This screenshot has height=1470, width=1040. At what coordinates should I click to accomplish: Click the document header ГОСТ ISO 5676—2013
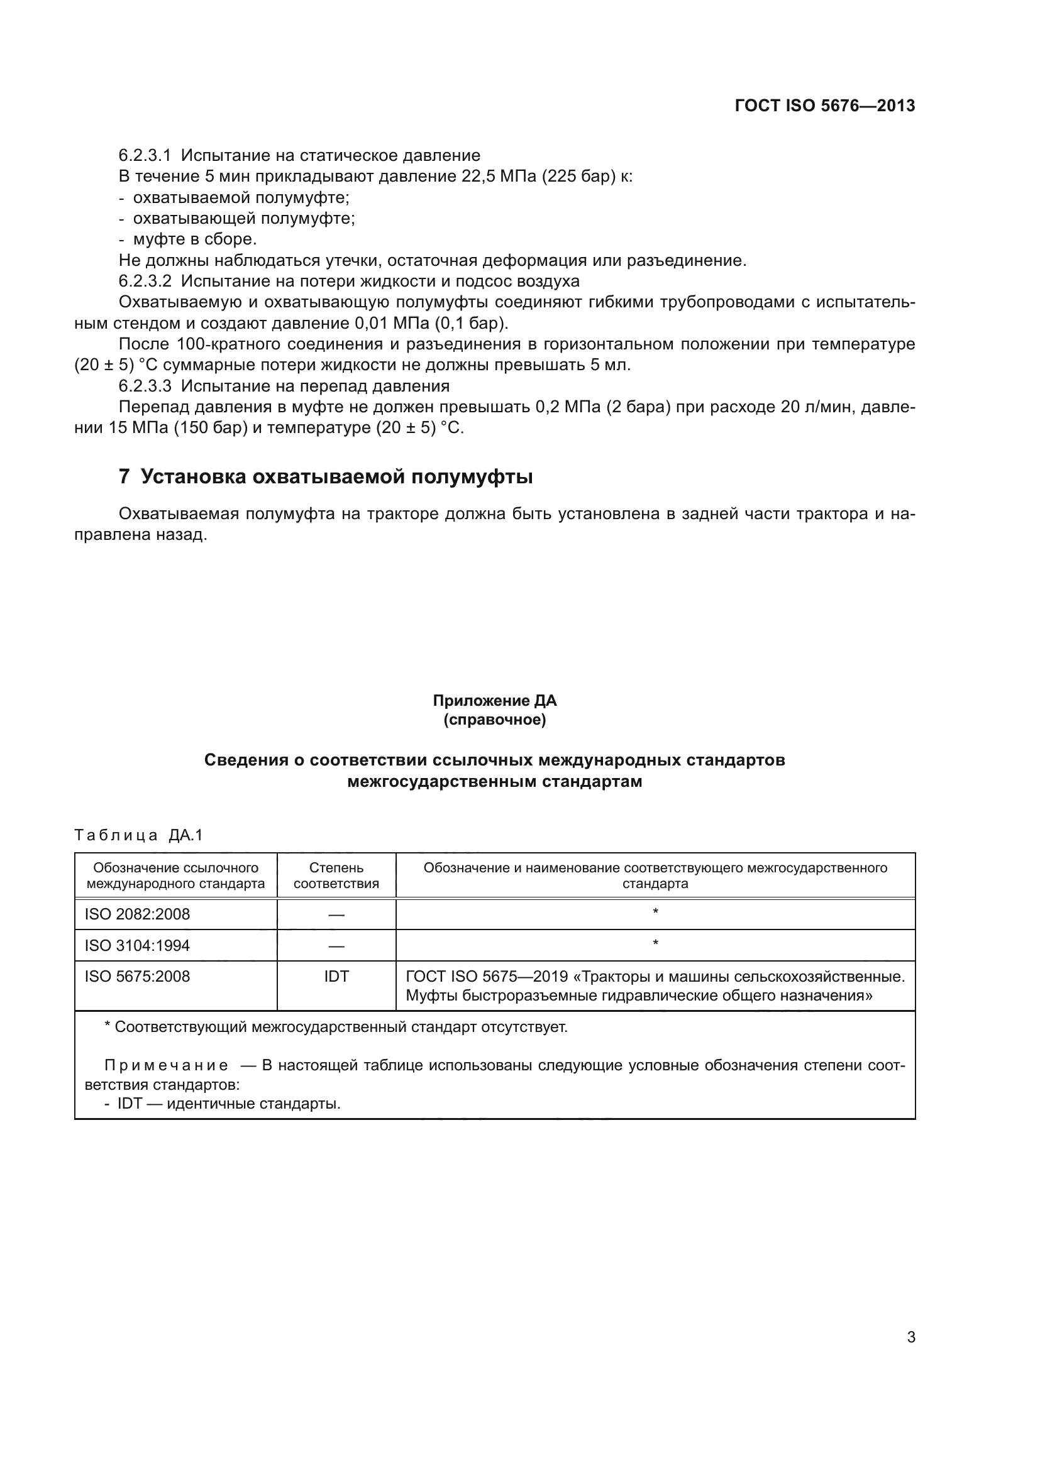tap(825, 106)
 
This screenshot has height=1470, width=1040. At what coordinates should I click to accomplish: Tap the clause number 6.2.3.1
tap(145, 156)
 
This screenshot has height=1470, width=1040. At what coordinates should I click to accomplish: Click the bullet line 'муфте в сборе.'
tap(195, 239)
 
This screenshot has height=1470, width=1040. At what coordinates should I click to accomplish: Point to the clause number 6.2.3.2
tap(145, 281)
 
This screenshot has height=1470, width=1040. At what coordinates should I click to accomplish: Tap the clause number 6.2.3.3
tap(145, 386)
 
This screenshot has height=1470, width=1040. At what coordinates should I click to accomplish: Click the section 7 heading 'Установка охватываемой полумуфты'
tap(336, 477)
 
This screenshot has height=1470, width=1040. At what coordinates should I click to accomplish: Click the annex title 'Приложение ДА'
tap(494, 700)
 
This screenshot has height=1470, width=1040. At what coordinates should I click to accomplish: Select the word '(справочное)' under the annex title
tap(494, 720)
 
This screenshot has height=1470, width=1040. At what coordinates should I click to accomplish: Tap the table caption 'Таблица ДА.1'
tap(138, 835)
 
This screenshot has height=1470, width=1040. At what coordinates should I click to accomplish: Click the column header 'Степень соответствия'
tap(336, 875)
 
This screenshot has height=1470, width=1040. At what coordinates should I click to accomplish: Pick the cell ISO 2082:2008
tap(137, 914)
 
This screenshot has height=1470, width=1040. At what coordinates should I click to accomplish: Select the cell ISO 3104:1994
tap(137, 946)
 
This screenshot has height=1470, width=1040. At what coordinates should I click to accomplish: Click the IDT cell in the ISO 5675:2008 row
tap(336, 977)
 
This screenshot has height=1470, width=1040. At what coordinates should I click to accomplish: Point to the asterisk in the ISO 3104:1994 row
tap(655, 944)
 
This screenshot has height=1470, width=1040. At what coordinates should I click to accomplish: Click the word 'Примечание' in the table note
tap(166, 1066)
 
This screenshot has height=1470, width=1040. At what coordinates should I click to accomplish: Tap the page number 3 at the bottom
tap(910, 1337)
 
